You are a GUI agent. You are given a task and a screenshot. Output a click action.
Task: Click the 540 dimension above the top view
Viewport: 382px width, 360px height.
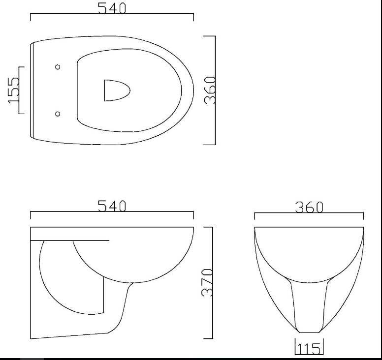pyautogui.click(x=112, y=8)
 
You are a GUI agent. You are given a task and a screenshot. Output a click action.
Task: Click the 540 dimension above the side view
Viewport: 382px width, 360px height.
pyautogui.click(x=112, y=206)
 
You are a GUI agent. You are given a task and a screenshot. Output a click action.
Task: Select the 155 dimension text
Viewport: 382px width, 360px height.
pyautogui.click(x=14, y=90)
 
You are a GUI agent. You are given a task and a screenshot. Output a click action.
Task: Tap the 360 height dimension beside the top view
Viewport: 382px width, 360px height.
pyautogui.click(x=210, y=90)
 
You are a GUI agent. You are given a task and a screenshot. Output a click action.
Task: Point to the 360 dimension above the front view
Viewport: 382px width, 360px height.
pyautogui.click(x=309, y=207)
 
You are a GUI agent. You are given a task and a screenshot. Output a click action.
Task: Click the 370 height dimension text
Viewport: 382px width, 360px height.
pyautogui.click(x=208, y=282)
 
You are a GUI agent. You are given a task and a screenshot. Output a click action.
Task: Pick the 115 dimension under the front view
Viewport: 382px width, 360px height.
pyautogui.click(x=309, y=349)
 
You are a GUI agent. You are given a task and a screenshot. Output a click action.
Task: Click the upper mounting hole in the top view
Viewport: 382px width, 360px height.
pyautogui.click(x=58, y=67)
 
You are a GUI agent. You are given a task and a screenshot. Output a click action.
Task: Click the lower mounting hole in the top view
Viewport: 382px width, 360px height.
pyautogui.click(x=58, y=114)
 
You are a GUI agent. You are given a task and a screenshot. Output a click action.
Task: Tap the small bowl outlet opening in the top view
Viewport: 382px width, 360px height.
pyautogui.click(x=116, y=90)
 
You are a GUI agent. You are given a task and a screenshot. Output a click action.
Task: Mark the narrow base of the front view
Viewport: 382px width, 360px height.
pyautogui.click(x=309, y=330)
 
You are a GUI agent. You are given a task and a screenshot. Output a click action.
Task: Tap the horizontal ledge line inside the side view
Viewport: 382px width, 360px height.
pyautogui.click(x=69, y=240)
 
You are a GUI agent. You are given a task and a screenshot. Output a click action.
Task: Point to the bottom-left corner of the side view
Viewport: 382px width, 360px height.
pyautogui.click(x=31, y=338)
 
